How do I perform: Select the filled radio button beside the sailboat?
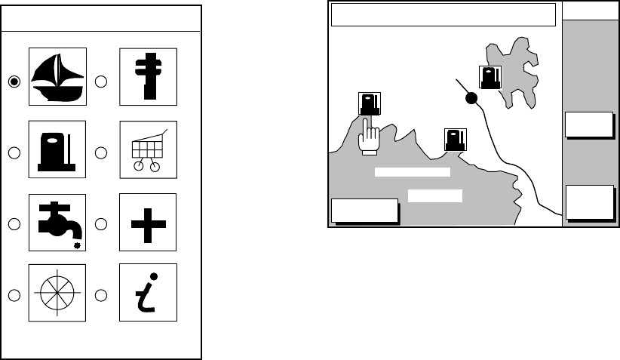14,82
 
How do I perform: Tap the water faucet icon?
57,222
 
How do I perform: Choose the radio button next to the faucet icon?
14,223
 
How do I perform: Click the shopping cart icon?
148,149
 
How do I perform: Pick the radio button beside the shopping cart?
101,152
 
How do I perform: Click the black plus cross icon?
148,222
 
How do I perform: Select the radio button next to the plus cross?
101,223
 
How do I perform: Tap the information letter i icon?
148,291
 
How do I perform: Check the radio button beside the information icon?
101,294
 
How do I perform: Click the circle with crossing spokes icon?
57,291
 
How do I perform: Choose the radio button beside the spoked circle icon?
14,294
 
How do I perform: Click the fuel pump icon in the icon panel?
57,149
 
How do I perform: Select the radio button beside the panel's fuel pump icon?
14,152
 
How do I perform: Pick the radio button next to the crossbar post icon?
101,82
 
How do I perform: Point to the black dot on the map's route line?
471,98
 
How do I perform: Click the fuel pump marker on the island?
490,78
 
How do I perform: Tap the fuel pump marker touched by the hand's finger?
369,104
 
